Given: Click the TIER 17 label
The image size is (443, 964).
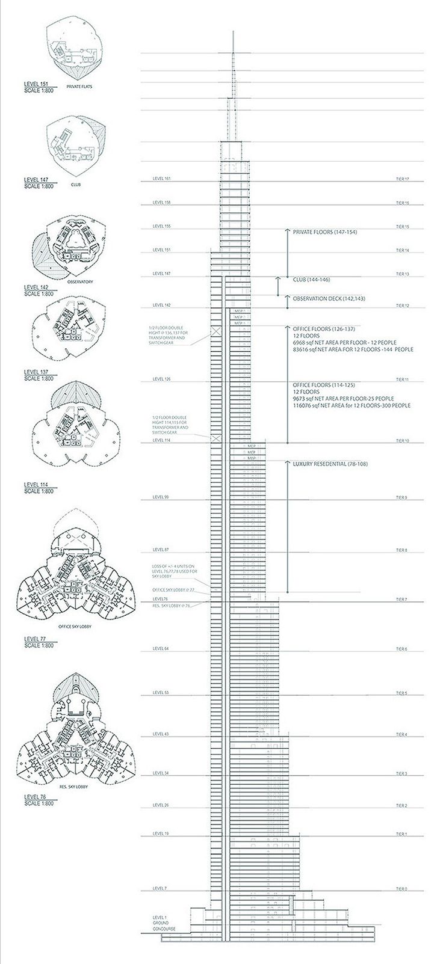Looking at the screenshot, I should pos(402,179).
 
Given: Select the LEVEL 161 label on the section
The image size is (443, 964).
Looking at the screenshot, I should pos(162,179).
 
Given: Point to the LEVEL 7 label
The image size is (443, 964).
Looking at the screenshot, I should pos(160,888).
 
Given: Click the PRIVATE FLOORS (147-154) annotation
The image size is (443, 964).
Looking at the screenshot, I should pos(324,232).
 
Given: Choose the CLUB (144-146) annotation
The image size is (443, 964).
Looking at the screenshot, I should pos(311,280).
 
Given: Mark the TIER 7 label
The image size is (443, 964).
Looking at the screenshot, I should pos(401,600).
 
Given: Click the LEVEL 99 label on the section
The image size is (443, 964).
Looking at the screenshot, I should pos(161,497).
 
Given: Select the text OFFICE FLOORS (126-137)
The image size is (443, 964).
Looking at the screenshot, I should pos(320,329).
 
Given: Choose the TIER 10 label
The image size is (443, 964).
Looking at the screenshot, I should pos(402,441).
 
